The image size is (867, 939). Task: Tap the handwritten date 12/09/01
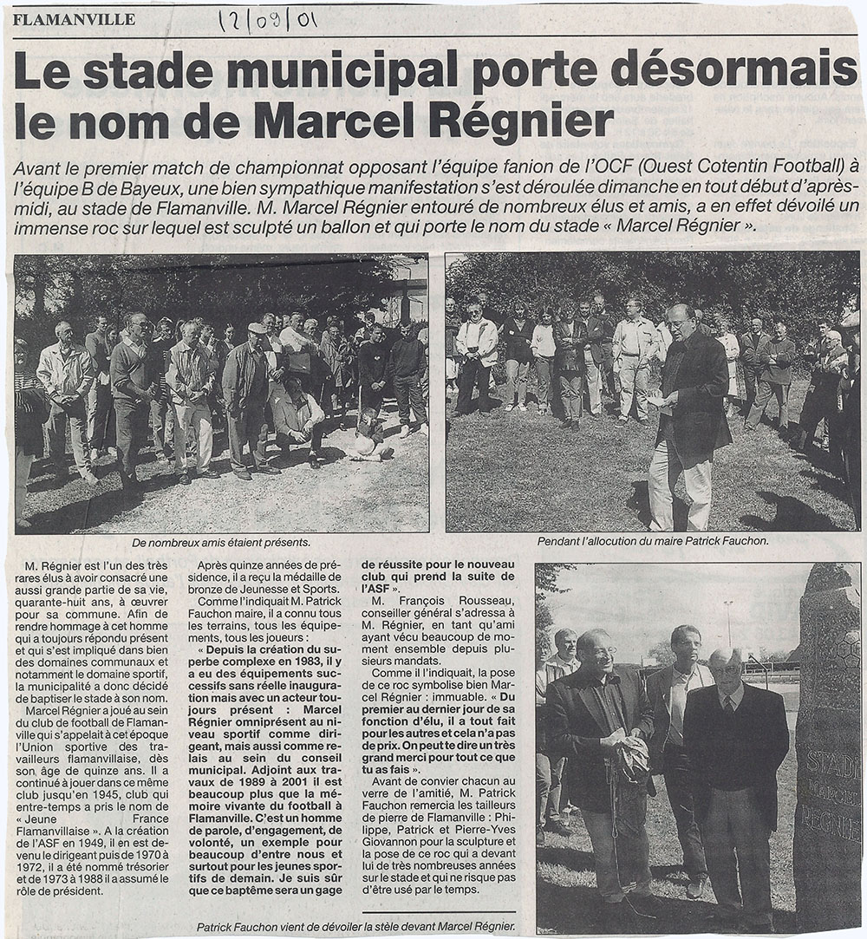[265, 20]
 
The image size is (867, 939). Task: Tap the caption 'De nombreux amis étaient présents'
[221, 542]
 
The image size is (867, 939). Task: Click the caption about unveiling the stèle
[355, 926]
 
